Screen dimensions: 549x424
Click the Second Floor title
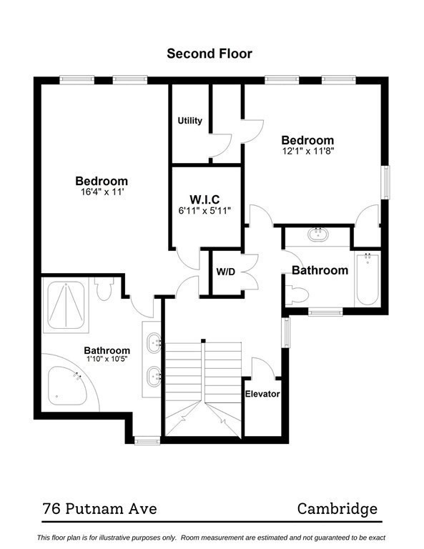(x=209, y=53)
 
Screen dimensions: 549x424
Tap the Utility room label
(x=189, y=121)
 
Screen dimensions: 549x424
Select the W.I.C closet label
(x=204, y=198)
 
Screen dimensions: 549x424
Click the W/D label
(x=226, y=272)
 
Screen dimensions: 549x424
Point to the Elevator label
(x=262, y=394)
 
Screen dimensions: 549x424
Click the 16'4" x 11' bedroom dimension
(x=102, y=192)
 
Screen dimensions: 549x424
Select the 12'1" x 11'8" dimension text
(x=307, y=152)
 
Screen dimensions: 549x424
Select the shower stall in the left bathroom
(x=66, y=306)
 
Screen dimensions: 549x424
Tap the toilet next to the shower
(x=104, y=290)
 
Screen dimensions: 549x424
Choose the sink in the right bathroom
(x=317, y=234)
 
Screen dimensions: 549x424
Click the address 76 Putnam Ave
(x=99, y=509)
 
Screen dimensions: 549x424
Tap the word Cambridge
(x=337, y=509)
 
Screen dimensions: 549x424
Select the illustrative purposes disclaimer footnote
(x=212, y=537)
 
